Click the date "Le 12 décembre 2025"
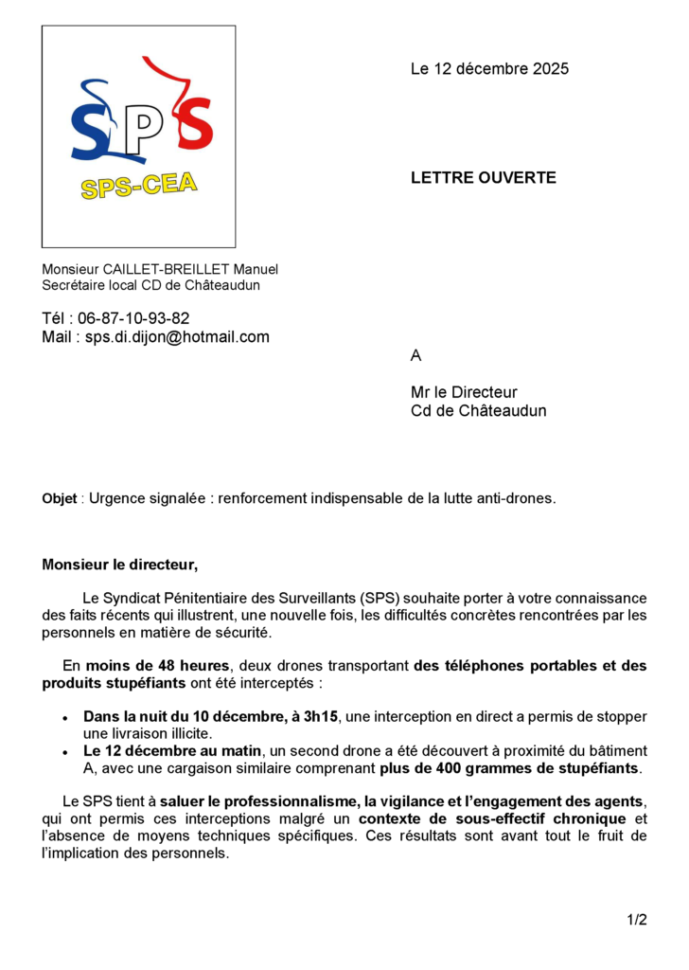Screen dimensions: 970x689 point(489,69)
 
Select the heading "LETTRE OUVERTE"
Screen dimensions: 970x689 point(483,178)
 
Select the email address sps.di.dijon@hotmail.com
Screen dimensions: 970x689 point(177,337)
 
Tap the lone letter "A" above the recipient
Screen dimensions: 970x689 point(415,356)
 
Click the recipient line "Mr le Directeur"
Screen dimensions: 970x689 point(464,392)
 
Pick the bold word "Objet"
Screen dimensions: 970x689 point(60,499)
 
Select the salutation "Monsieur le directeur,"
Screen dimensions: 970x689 point(120,566)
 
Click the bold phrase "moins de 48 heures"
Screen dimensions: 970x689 point(157,666)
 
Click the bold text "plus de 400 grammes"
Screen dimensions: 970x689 point(444,768)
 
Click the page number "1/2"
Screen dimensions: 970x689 point(636,920)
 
